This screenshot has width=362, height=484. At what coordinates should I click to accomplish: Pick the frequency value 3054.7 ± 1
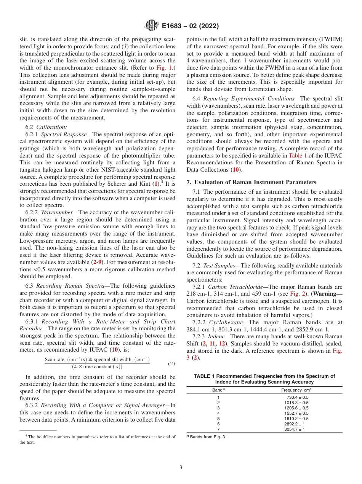[x=295, y=429]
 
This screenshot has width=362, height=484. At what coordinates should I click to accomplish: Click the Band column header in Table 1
[x=218, y=390]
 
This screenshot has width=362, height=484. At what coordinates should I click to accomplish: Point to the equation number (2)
[x=171, y=363]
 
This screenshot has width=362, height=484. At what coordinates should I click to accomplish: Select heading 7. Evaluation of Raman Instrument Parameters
[x=251, y=182]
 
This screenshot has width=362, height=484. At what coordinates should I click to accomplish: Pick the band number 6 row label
[x=218, y=424]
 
